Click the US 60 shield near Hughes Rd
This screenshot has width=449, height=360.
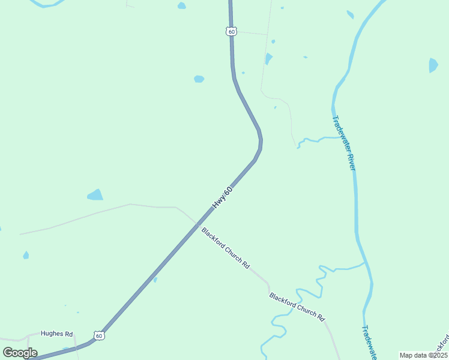click(99, 335)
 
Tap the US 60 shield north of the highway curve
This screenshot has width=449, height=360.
click(231, 31)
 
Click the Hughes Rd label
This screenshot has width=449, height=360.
click(56, 334)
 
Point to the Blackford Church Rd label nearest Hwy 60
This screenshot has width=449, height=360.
click(225, 247)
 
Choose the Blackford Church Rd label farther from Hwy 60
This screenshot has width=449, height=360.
click(297, 306)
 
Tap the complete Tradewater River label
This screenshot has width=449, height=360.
click(344, 142)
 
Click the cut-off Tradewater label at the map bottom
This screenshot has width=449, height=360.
click(368, 342)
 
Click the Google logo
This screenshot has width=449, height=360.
click(20, 353)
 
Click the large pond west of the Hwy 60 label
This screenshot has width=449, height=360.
click(95, 195)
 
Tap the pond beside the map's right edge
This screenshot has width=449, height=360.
click(433, 65)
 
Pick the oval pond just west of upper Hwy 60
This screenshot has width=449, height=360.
click(199, 79)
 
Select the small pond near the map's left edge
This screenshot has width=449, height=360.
click(26, 255)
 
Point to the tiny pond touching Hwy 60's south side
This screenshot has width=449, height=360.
click(155, 279)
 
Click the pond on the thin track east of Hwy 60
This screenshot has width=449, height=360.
click(268, 59)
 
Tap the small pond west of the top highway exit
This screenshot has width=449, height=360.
click(181, 6)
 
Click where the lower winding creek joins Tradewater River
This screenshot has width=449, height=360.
click(365, 262)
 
